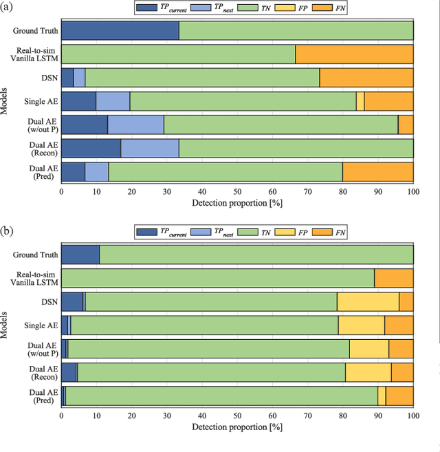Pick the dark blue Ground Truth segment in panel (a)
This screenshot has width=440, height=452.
click(120, 31)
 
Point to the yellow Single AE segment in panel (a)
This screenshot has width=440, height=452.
click(360, 101)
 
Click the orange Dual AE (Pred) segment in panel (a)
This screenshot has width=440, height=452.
click(378, 171)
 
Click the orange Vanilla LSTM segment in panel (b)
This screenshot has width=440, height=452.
click(394, 278)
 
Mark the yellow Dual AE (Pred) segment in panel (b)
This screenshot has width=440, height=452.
click(382, 396)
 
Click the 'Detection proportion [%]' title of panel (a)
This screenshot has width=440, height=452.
click(237, 204)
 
